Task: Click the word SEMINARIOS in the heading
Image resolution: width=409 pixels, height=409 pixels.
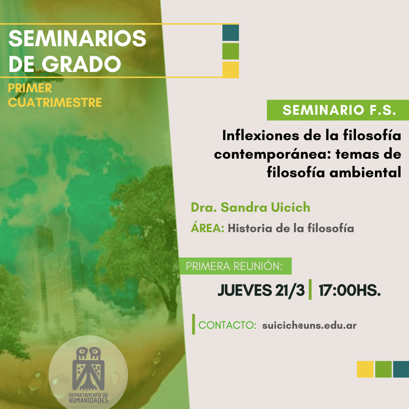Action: point(77,39)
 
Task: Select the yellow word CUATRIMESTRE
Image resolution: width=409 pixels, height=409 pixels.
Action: point(55,102)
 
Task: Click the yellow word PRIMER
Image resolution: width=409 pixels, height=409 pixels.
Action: point(30,89)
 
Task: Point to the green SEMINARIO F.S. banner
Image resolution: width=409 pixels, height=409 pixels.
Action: point(338,110)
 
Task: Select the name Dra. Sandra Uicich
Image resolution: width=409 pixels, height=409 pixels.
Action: point(250,207)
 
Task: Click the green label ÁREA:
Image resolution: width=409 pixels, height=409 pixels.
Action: point(208,228)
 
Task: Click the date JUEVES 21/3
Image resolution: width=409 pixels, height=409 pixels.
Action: point(261,290)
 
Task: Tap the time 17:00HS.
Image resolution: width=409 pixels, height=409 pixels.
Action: point(350,290)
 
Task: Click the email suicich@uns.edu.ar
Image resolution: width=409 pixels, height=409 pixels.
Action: point(309,325)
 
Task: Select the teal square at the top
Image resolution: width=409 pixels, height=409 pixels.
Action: point(231,33)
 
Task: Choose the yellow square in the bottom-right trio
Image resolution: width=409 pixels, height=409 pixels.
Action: point(365,369)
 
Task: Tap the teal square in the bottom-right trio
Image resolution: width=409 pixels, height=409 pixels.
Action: point(401,369)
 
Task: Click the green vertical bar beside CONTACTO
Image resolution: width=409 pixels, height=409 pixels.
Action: point(194,324)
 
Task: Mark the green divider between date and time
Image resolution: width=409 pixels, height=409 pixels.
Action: point(310,290)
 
